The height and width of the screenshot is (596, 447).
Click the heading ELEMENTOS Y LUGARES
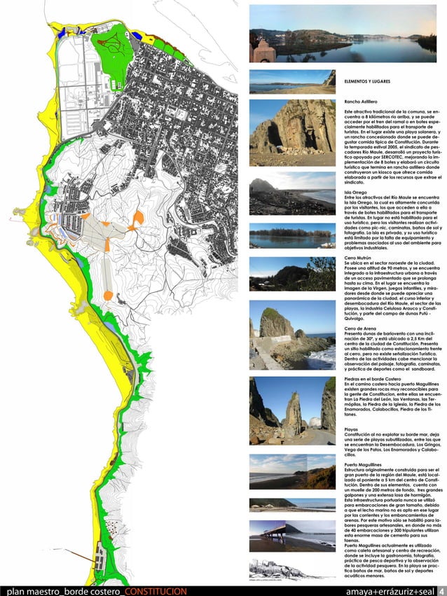(x=367, y=82)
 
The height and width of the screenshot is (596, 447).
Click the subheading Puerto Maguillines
(x=364, y=464)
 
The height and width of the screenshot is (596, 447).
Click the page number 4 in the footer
(x=441, y=590)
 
